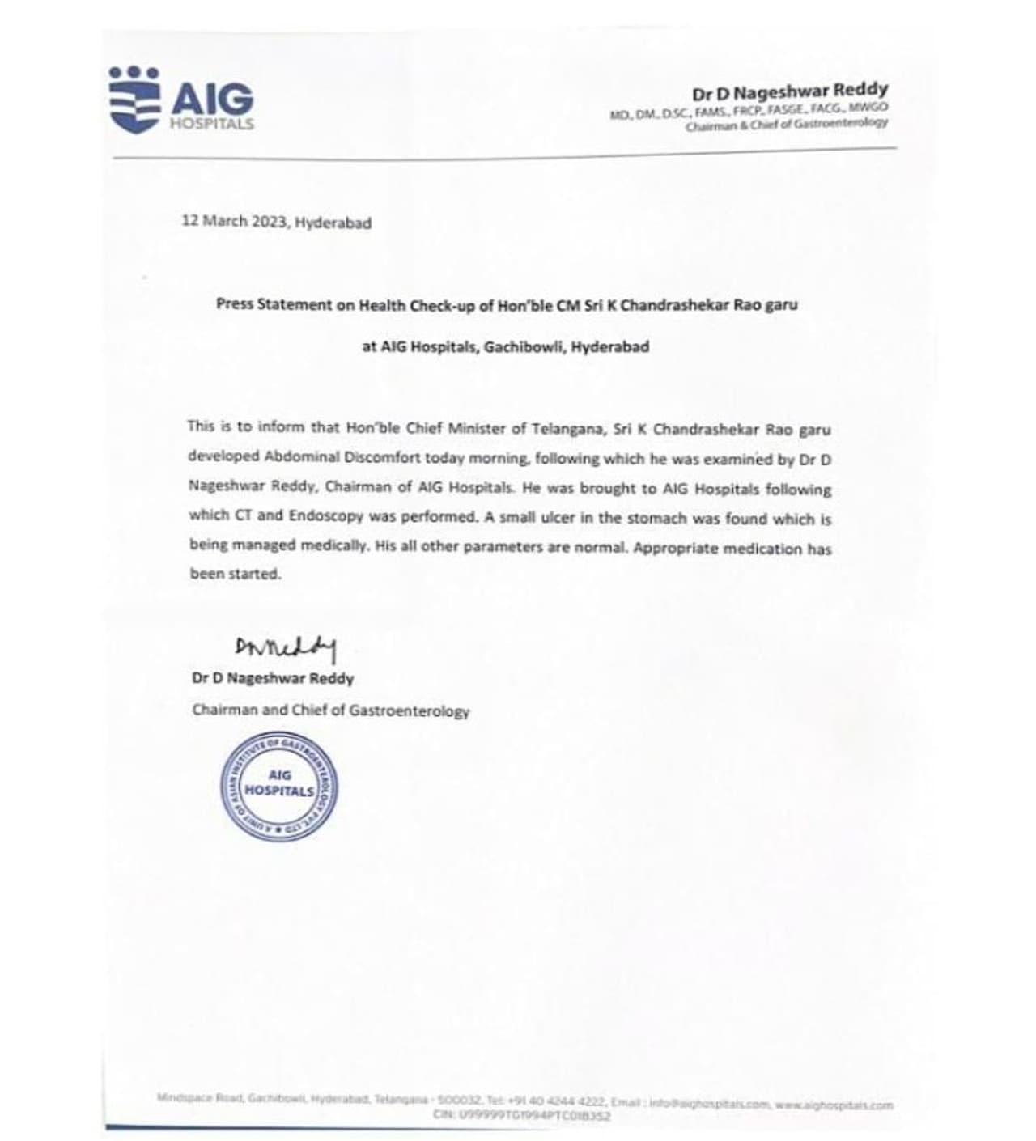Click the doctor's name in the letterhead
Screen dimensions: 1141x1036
(789, 91)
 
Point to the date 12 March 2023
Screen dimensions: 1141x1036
(235, 221)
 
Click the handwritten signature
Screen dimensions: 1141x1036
(285, 647)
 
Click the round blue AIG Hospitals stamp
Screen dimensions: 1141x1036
(279, 787)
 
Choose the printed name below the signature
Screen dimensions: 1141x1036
(273, 678)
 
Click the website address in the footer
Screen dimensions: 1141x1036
(834, 1104)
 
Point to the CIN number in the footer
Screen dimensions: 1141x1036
(522, 1116)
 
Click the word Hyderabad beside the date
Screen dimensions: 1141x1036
(333, 223)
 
